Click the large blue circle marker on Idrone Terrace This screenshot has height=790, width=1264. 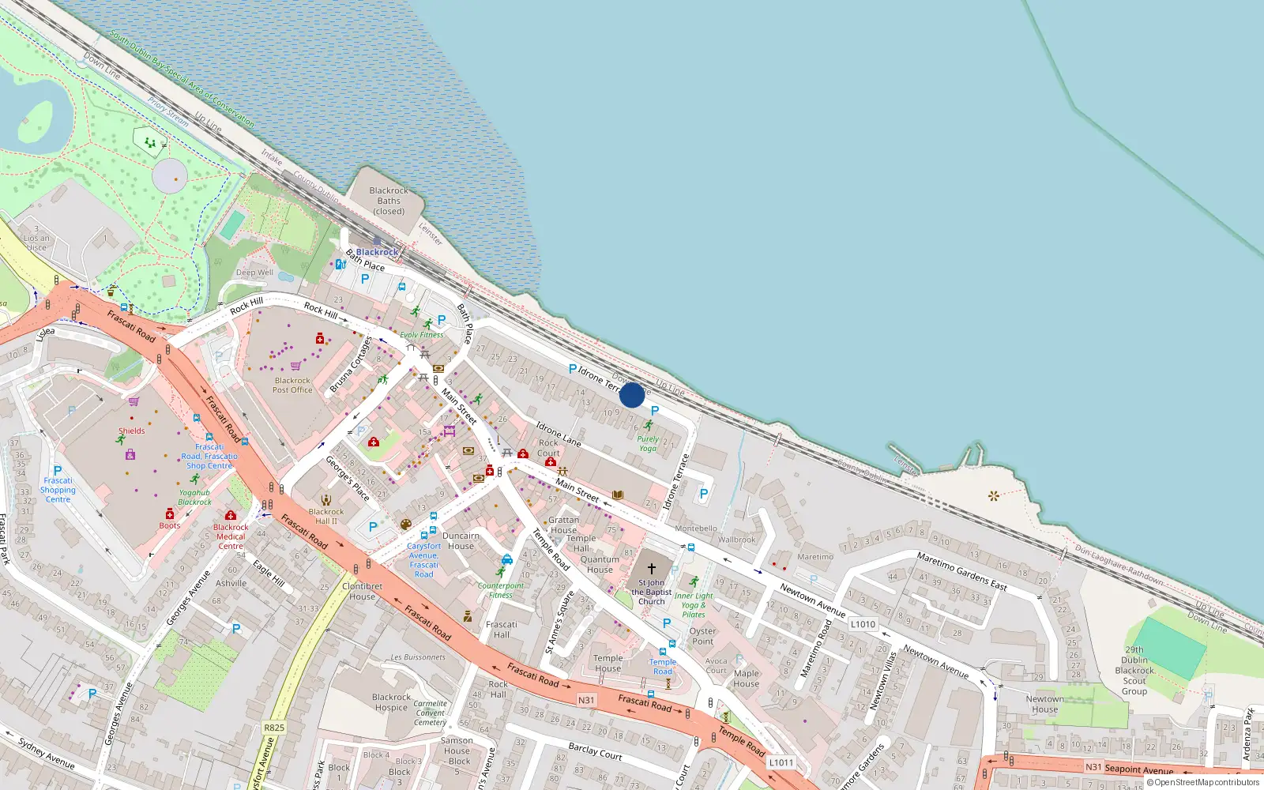coord(632,395)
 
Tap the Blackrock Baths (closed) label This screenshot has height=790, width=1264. coord(389,201)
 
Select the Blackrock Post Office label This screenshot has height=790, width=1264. coord(292,385)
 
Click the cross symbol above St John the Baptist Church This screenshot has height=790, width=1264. coord(652,568)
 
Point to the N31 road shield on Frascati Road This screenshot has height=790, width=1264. coord(586,700)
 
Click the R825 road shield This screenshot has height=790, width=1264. coord(274,728)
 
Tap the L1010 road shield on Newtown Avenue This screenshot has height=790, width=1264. coord(863,624)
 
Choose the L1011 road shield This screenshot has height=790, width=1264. coord(781,762)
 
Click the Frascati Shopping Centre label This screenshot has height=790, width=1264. coord(58,490)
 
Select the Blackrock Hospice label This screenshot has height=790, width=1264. coord(392,702)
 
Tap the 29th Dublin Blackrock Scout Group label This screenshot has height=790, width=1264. coord(1134,670)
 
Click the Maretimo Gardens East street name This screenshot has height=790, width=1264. coord(961,571)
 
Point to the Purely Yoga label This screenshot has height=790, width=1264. coord(648,443)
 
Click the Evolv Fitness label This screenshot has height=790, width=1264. coord(422,335)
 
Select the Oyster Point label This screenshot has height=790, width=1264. coord(702,636)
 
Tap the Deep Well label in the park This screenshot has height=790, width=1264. coord(254,273)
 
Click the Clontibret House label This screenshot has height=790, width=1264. coord(362,591)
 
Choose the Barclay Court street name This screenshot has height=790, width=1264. coord(595,751)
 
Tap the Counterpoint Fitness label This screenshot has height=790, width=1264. coord(501,590)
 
